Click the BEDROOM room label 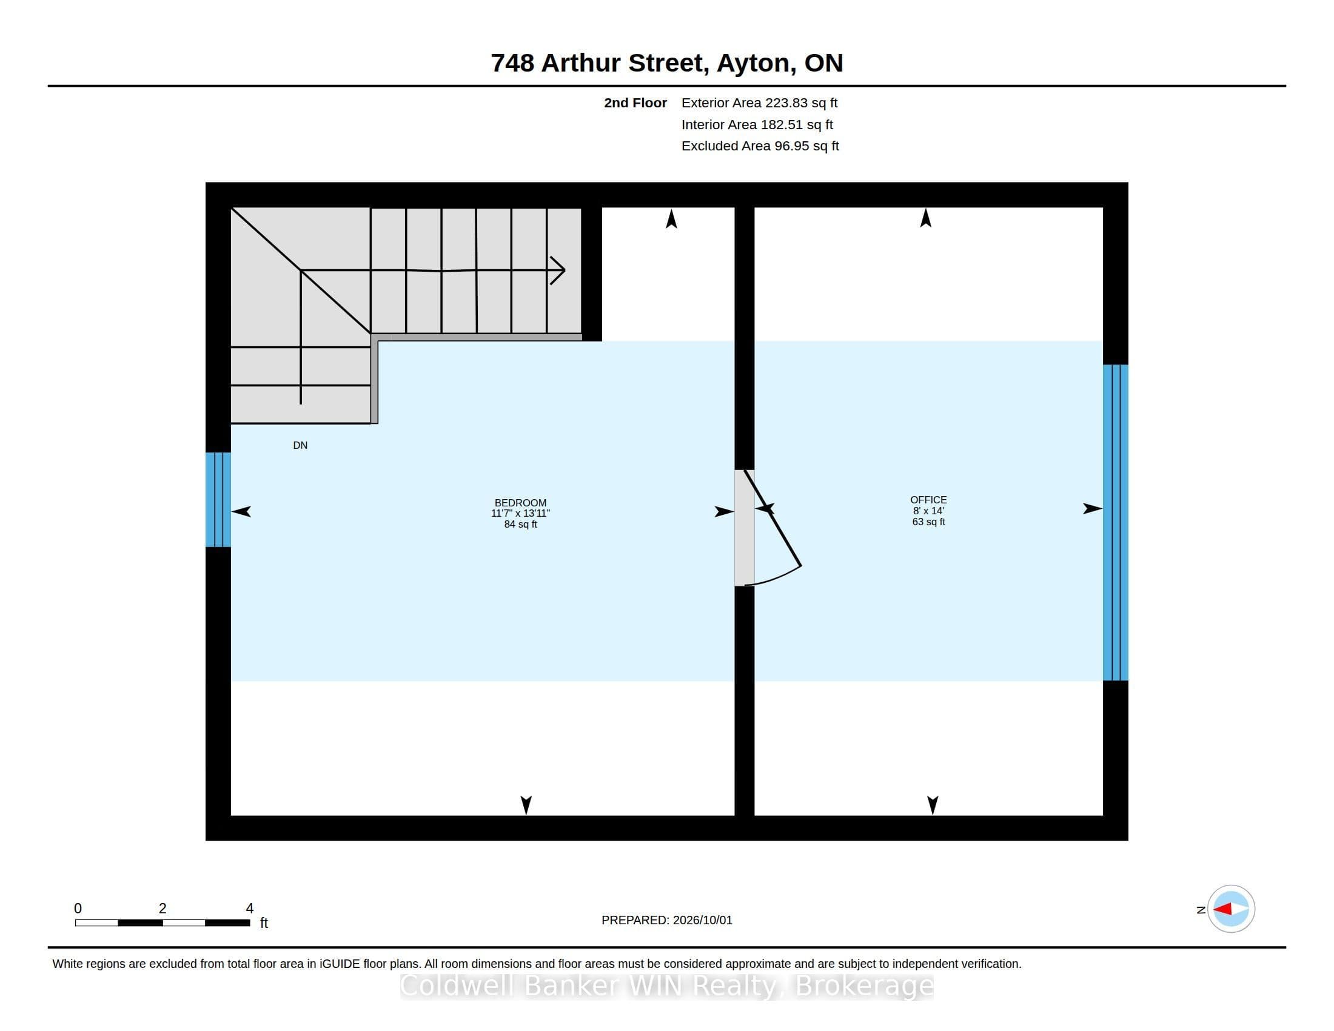point(520,503)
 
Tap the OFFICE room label point(928,500)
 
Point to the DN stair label point(300,445)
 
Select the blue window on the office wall point(1115,522)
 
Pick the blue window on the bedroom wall point(218,500)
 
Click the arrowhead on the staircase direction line point(557,270)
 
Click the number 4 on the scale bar point(249,908)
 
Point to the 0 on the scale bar point(78,908)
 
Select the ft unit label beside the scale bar point(264,922)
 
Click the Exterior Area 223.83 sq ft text point(759,102)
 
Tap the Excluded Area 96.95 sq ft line point(760,146)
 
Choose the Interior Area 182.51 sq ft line point(757,124)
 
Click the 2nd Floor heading point(635,102)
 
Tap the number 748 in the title point(512,63)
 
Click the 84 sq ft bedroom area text point(520,524)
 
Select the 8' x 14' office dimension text point(928,511)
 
